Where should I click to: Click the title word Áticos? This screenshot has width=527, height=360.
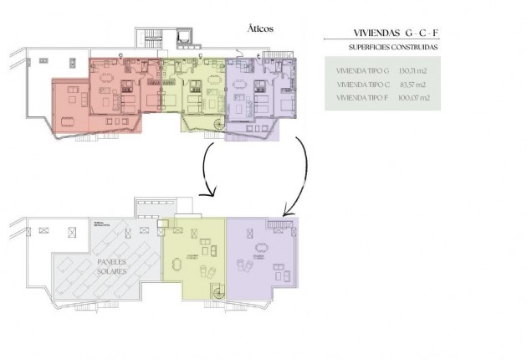pyautogui.click(x=260, y=28)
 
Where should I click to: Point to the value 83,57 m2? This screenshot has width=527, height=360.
pyautogui.click(x=413, y=85)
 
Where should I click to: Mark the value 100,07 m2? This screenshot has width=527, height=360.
pyautogui.click(x=415, y=98)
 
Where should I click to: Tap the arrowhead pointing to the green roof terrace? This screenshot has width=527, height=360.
pyautogui.click(x=211, y=193)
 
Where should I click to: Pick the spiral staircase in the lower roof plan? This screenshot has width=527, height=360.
pyautogui.click(x=218, y=292)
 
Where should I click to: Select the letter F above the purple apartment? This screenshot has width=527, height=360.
pyautogui.click(x=258, y=56)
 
